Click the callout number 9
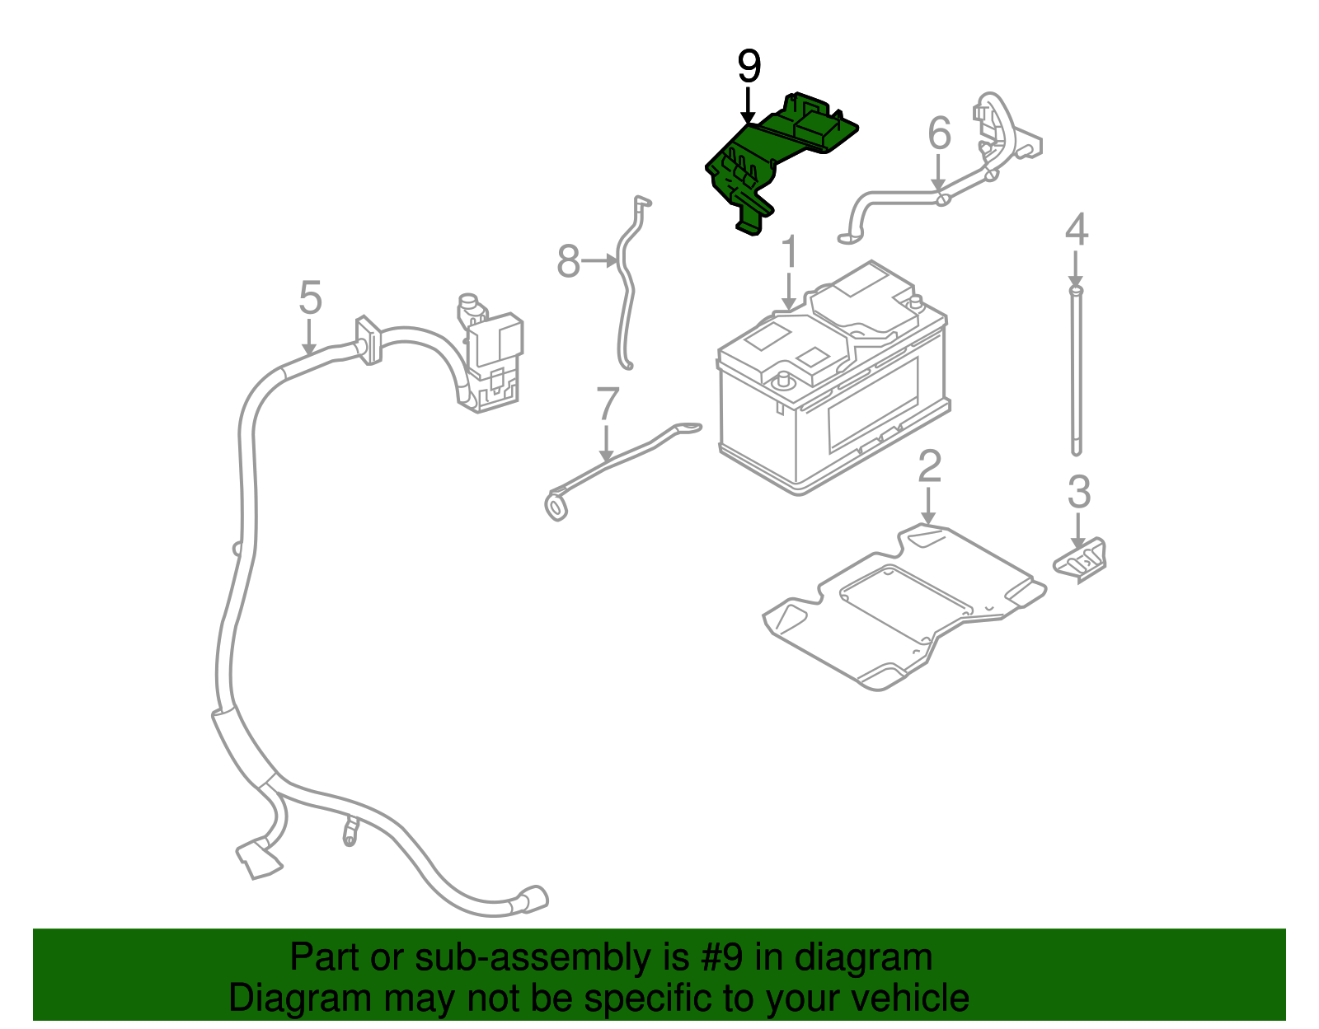(x=749, y=67)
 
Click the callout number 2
(x=929, y=466)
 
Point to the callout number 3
(x=1078, y=492)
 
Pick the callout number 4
(x=1076, y=230)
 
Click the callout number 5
(x=310, y=297)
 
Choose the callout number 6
(x=939, y=133)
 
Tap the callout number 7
(x=607, y=404)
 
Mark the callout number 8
(x=568, y=262)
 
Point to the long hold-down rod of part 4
(x=1076, y=371)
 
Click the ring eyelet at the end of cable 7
(x=556, y=506)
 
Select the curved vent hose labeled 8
(x=625, y=288)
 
